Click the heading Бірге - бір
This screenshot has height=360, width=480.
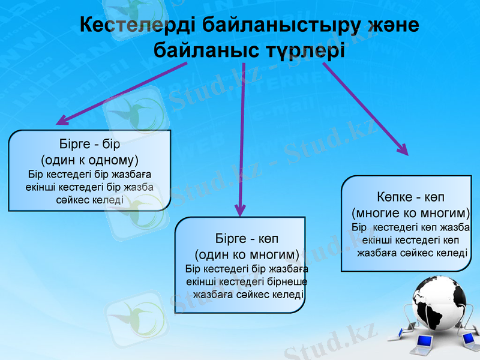click(x=89, y=145)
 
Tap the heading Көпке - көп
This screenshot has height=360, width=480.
click(x=411, y=197)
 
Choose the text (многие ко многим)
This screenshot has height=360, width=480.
click(x=411, y=212)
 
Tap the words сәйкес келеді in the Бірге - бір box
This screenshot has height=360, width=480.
click(x=89, y=199)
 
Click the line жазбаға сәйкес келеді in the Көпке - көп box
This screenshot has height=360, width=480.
click(x=412, y=253)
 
